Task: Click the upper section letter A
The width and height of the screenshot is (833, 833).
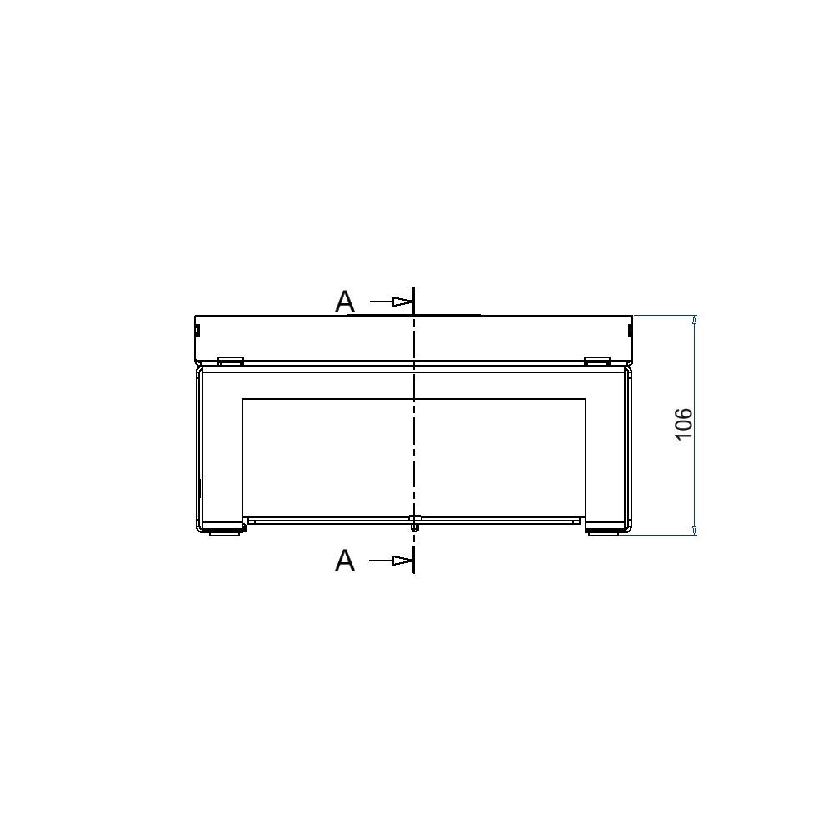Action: click(344, 302)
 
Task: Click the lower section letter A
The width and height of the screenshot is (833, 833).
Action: click(344, 561)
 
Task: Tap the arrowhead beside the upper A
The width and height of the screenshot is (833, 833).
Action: click(402, 302)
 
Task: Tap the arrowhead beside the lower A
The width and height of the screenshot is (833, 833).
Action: click(402, 561)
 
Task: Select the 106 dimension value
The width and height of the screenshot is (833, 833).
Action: click(684, 424)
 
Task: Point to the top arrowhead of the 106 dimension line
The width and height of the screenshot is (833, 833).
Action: click(695, 320)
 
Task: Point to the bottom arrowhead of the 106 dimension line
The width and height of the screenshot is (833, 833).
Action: click(695, 530)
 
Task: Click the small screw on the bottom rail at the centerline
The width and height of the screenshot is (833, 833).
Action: click(414, 522)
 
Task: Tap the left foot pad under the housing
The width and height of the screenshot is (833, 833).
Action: click(223, 533)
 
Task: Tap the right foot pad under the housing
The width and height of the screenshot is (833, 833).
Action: click(603, 533)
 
